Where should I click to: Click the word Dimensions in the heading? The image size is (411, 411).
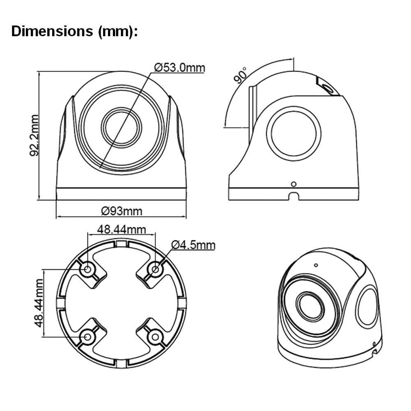click(52, 32)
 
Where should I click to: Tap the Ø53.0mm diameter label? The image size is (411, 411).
click(180, 68)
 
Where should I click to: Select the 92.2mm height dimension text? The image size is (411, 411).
click(35, 135)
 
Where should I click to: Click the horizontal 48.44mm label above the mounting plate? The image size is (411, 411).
click(121, 230)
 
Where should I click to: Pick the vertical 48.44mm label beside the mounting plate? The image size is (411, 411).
click(38, 303)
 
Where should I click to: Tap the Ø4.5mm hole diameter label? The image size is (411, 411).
click(194, 245)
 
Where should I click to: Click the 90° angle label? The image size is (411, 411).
click(240, 75)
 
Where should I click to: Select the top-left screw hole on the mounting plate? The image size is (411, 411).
click(88, 269)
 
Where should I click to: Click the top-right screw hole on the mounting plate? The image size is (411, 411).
click(155, 269)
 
